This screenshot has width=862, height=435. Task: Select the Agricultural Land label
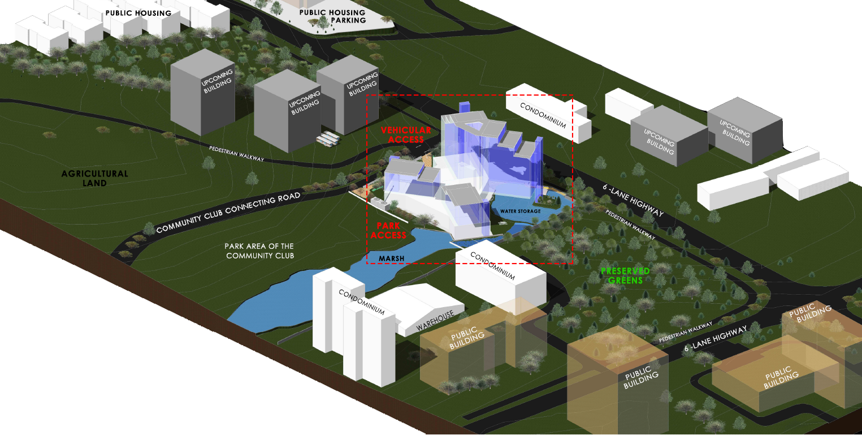[x=95, y=178]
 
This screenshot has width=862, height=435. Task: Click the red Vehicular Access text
[x=406, y=135]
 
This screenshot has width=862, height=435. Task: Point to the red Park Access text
[x=391, y=230]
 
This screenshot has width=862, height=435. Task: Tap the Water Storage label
[x=520, y=211]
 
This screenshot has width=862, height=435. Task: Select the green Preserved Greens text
[x=625, y=275]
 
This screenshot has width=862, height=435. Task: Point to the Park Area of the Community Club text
[x=259, y=251]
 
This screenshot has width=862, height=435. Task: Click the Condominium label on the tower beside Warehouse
[x=362, y=303]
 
